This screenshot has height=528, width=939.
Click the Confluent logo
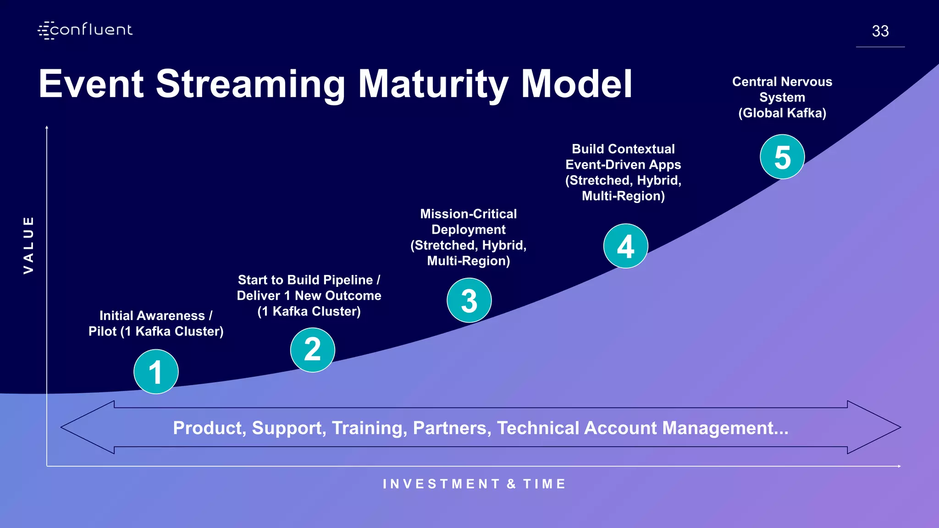pyautogui.click(x=85, y=30)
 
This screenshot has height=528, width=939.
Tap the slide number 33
pyautogui.click(x=880, y=31)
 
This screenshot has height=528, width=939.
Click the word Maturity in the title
pyautogui.click(x=433, y=84)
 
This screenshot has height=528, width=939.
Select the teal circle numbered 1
pyautogui.click(x=156, y=372)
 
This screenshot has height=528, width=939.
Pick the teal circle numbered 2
pyautogui.click(x=313, y=350)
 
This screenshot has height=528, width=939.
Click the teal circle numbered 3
pyautogui.click(x=469, y=301)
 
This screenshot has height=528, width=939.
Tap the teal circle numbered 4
pyautogui.click(x=625, y=246)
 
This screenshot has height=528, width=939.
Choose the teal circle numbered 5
pyautogui.click(x=782, y=157)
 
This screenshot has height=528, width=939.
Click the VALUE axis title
pyautogui.click(x=28, y=245)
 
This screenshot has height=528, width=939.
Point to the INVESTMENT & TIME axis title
pyautogui.click(x=475, y=484)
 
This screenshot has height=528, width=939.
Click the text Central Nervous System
pyautogui.click(x=782, y=89)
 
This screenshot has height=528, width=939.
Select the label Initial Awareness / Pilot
pyautogui.click(x=156, y=323)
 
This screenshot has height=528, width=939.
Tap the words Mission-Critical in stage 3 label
pyautogui.click(x=468, y=214)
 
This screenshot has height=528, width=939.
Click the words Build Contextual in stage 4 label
pyautogui.click(x=623, y=149)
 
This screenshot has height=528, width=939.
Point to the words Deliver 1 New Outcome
pyautogui.click(x=309, y=296)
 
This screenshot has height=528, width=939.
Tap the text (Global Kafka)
pyautogui.click(x=782, y=113)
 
